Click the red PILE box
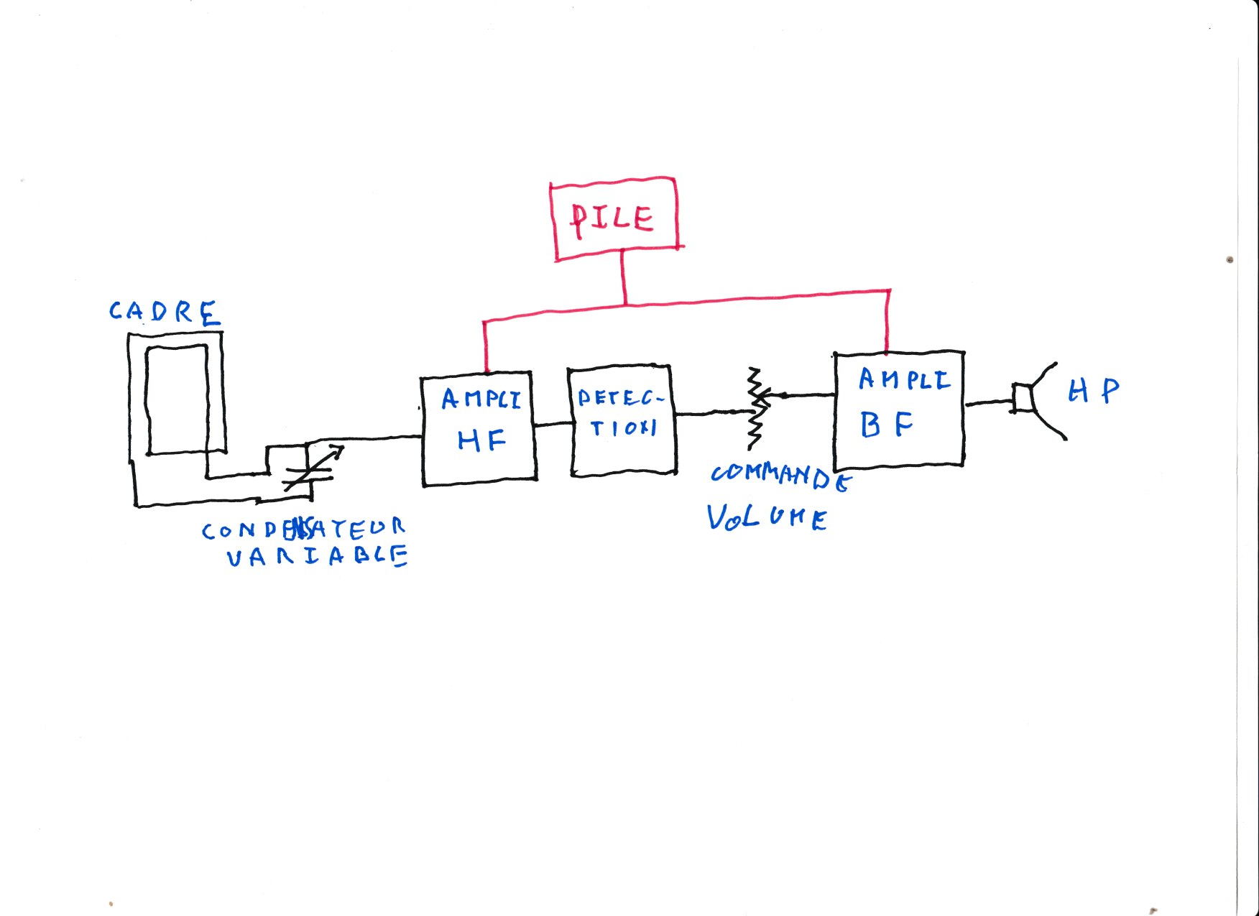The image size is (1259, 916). (614, 218)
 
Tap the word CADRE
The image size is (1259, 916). (164, 313)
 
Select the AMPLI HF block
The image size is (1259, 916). (479, 428)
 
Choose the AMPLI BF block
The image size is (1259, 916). (899, 410)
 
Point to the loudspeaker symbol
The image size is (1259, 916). (1035, 399)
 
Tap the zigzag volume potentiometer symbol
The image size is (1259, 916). (755, 409)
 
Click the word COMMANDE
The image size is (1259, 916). (780, 476)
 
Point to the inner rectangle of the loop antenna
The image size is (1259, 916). (177, 399)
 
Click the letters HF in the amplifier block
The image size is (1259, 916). (481, 440)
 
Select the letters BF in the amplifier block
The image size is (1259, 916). (886, 425)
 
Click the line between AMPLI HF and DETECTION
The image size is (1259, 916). (552, 424)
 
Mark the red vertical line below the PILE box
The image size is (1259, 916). (624, 277)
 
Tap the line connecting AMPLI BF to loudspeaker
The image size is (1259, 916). (988, 404)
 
